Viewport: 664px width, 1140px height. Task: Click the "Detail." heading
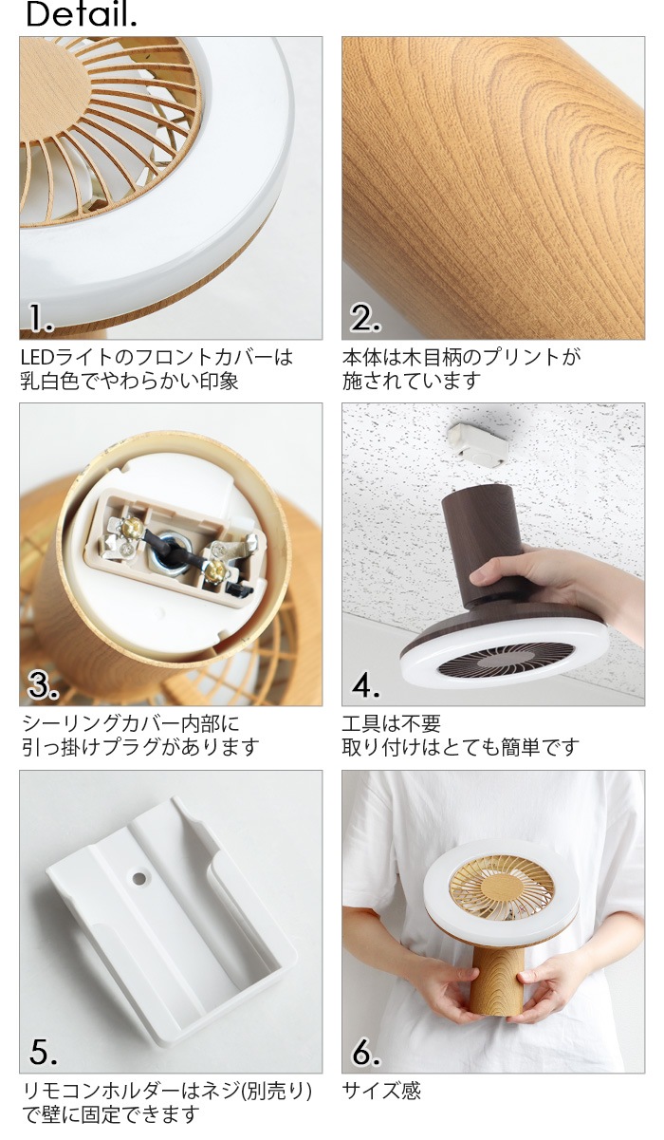(82, 15)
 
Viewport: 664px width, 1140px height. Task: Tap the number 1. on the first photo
(41, 319)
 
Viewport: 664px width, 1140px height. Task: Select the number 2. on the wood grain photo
(364, 319)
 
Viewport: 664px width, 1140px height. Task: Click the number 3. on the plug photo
(43, 685)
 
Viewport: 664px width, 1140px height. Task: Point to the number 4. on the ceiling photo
(365, 685)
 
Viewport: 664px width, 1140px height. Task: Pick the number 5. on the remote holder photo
(43, 1051)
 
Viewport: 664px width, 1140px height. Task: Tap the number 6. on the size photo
(365, 1051)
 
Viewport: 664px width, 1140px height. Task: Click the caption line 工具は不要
(392, 723)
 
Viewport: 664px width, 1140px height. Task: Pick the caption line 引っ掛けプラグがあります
(140, 747)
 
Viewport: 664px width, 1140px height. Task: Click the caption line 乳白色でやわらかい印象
(130, 381)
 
